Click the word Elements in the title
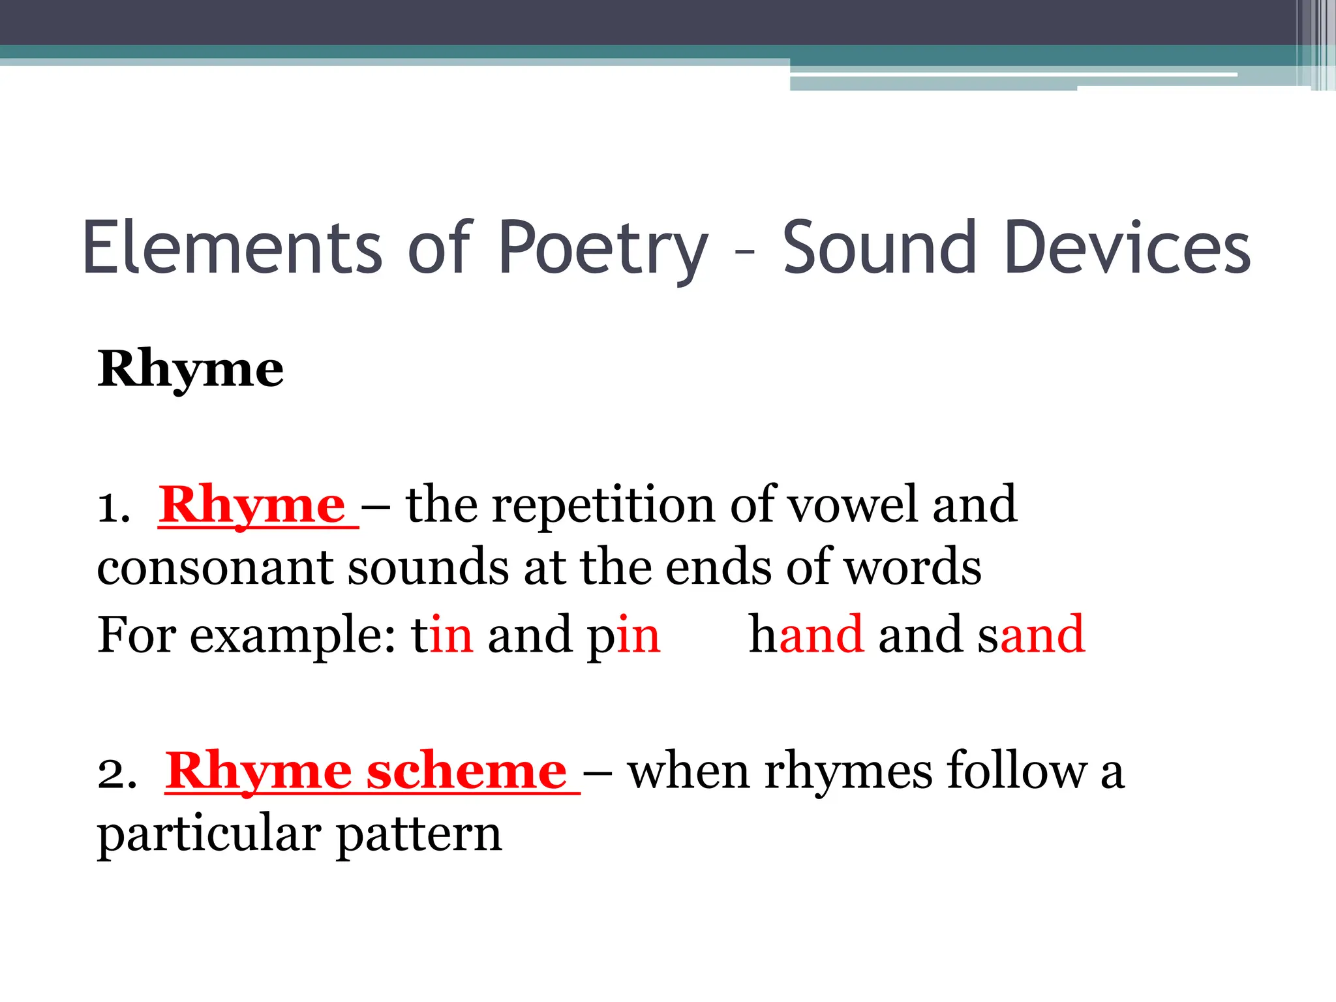(x=232, y=247)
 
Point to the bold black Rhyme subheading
(x=190, y=369)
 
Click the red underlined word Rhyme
(x=252, y=506)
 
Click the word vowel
(x=853, y=506)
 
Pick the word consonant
(x=215, y=568)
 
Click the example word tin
(x=442, y=634)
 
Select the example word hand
(x=806, y=634)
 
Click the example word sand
(x=1031, y=634)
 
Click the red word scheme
(x=466, y=772)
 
